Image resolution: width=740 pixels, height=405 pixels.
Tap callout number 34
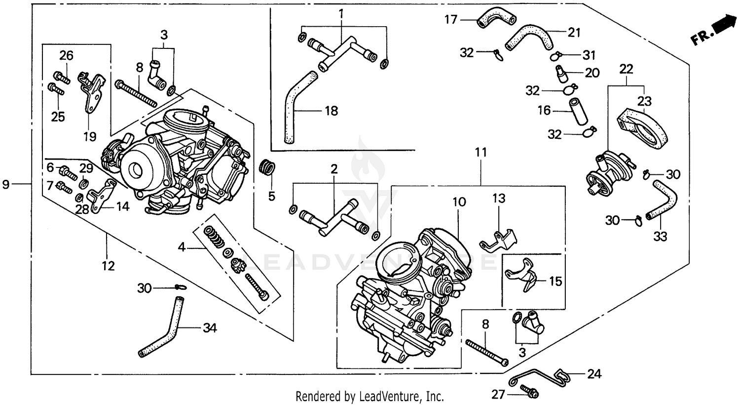click(x=209, y=328)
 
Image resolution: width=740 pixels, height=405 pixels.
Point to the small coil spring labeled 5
click(x=266, y=167)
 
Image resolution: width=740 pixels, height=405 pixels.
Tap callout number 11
click(x=481, y=153)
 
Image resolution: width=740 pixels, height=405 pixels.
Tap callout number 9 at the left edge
click(x=6, y=185)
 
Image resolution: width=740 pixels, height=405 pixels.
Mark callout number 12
click(x=108, y=266)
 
